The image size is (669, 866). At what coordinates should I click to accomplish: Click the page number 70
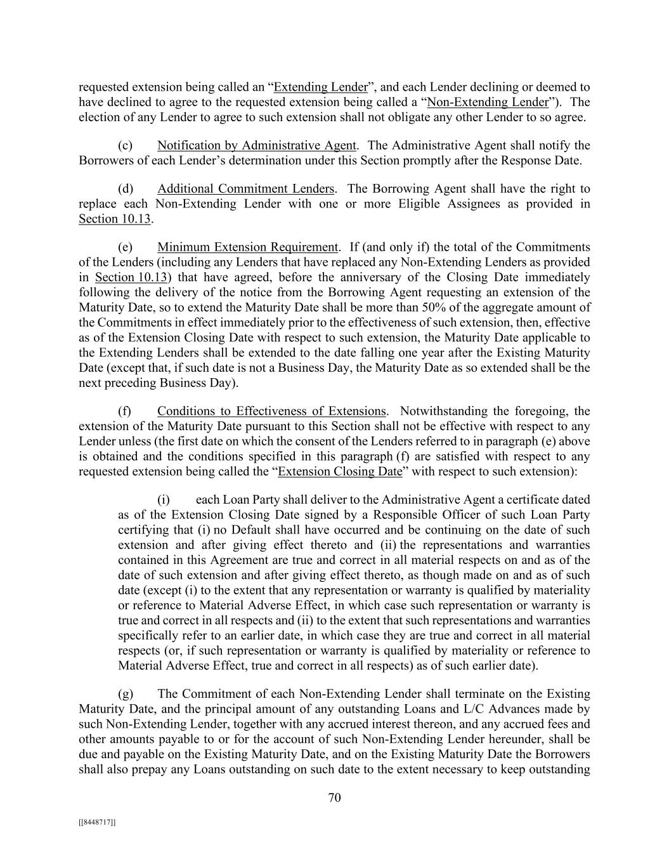(334, 798)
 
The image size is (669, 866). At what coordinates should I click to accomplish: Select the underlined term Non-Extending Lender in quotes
(488, 102)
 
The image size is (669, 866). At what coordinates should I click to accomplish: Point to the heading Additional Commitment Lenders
(245, 188)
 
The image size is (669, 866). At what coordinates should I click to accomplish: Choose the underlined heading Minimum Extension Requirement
(247, 247)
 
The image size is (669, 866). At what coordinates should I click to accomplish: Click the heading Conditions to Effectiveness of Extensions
(271, 411)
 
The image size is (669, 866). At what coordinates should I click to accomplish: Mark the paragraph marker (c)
(125, 145)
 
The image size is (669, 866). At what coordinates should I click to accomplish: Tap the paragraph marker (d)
(125, 188)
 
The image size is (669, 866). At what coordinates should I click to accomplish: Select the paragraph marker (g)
(125, 694)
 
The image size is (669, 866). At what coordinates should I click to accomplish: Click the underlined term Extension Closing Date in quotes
(340, 471)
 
